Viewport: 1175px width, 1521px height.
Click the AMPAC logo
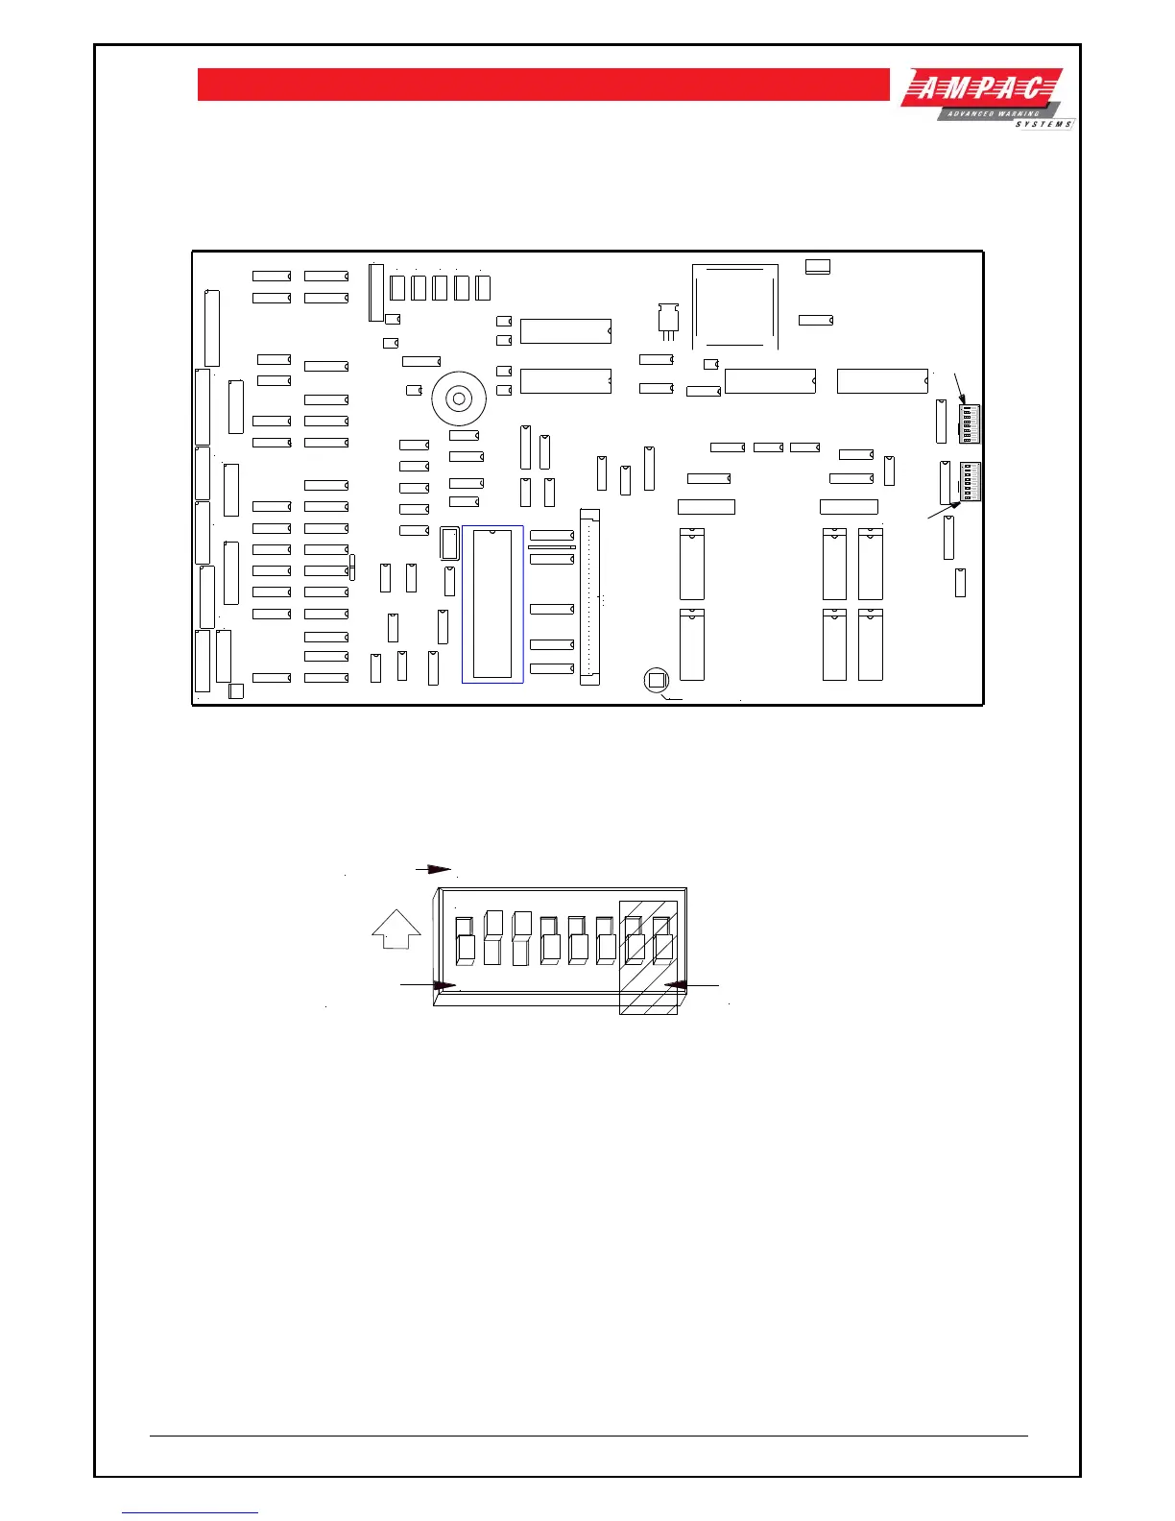coord(981,91)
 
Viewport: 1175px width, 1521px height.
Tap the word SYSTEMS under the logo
coord(1043,125)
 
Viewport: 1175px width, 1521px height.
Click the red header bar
coord(543,84)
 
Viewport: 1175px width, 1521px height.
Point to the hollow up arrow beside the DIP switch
coord(396,929)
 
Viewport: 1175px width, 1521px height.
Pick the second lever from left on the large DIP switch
coord(493,937)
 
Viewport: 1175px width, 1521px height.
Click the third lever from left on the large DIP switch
coord(521,937)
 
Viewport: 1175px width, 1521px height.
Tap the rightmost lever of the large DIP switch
coord(662,940)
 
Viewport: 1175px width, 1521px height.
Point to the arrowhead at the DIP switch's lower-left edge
coord(444,985)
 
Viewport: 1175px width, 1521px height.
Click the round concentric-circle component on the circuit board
coord(458,398)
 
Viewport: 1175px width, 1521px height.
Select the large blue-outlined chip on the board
coord(492,604)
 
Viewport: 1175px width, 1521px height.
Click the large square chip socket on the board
coord(734,306)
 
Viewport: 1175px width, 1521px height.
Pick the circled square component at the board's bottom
coord(657,681)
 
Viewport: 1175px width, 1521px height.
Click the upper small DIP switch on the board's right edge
coord(969,423)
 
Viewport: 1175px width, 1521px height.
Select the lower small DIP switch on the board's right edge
coord(970,481)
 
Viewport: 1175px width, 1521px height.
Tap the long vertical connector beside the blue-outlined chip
coord(589,598)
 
